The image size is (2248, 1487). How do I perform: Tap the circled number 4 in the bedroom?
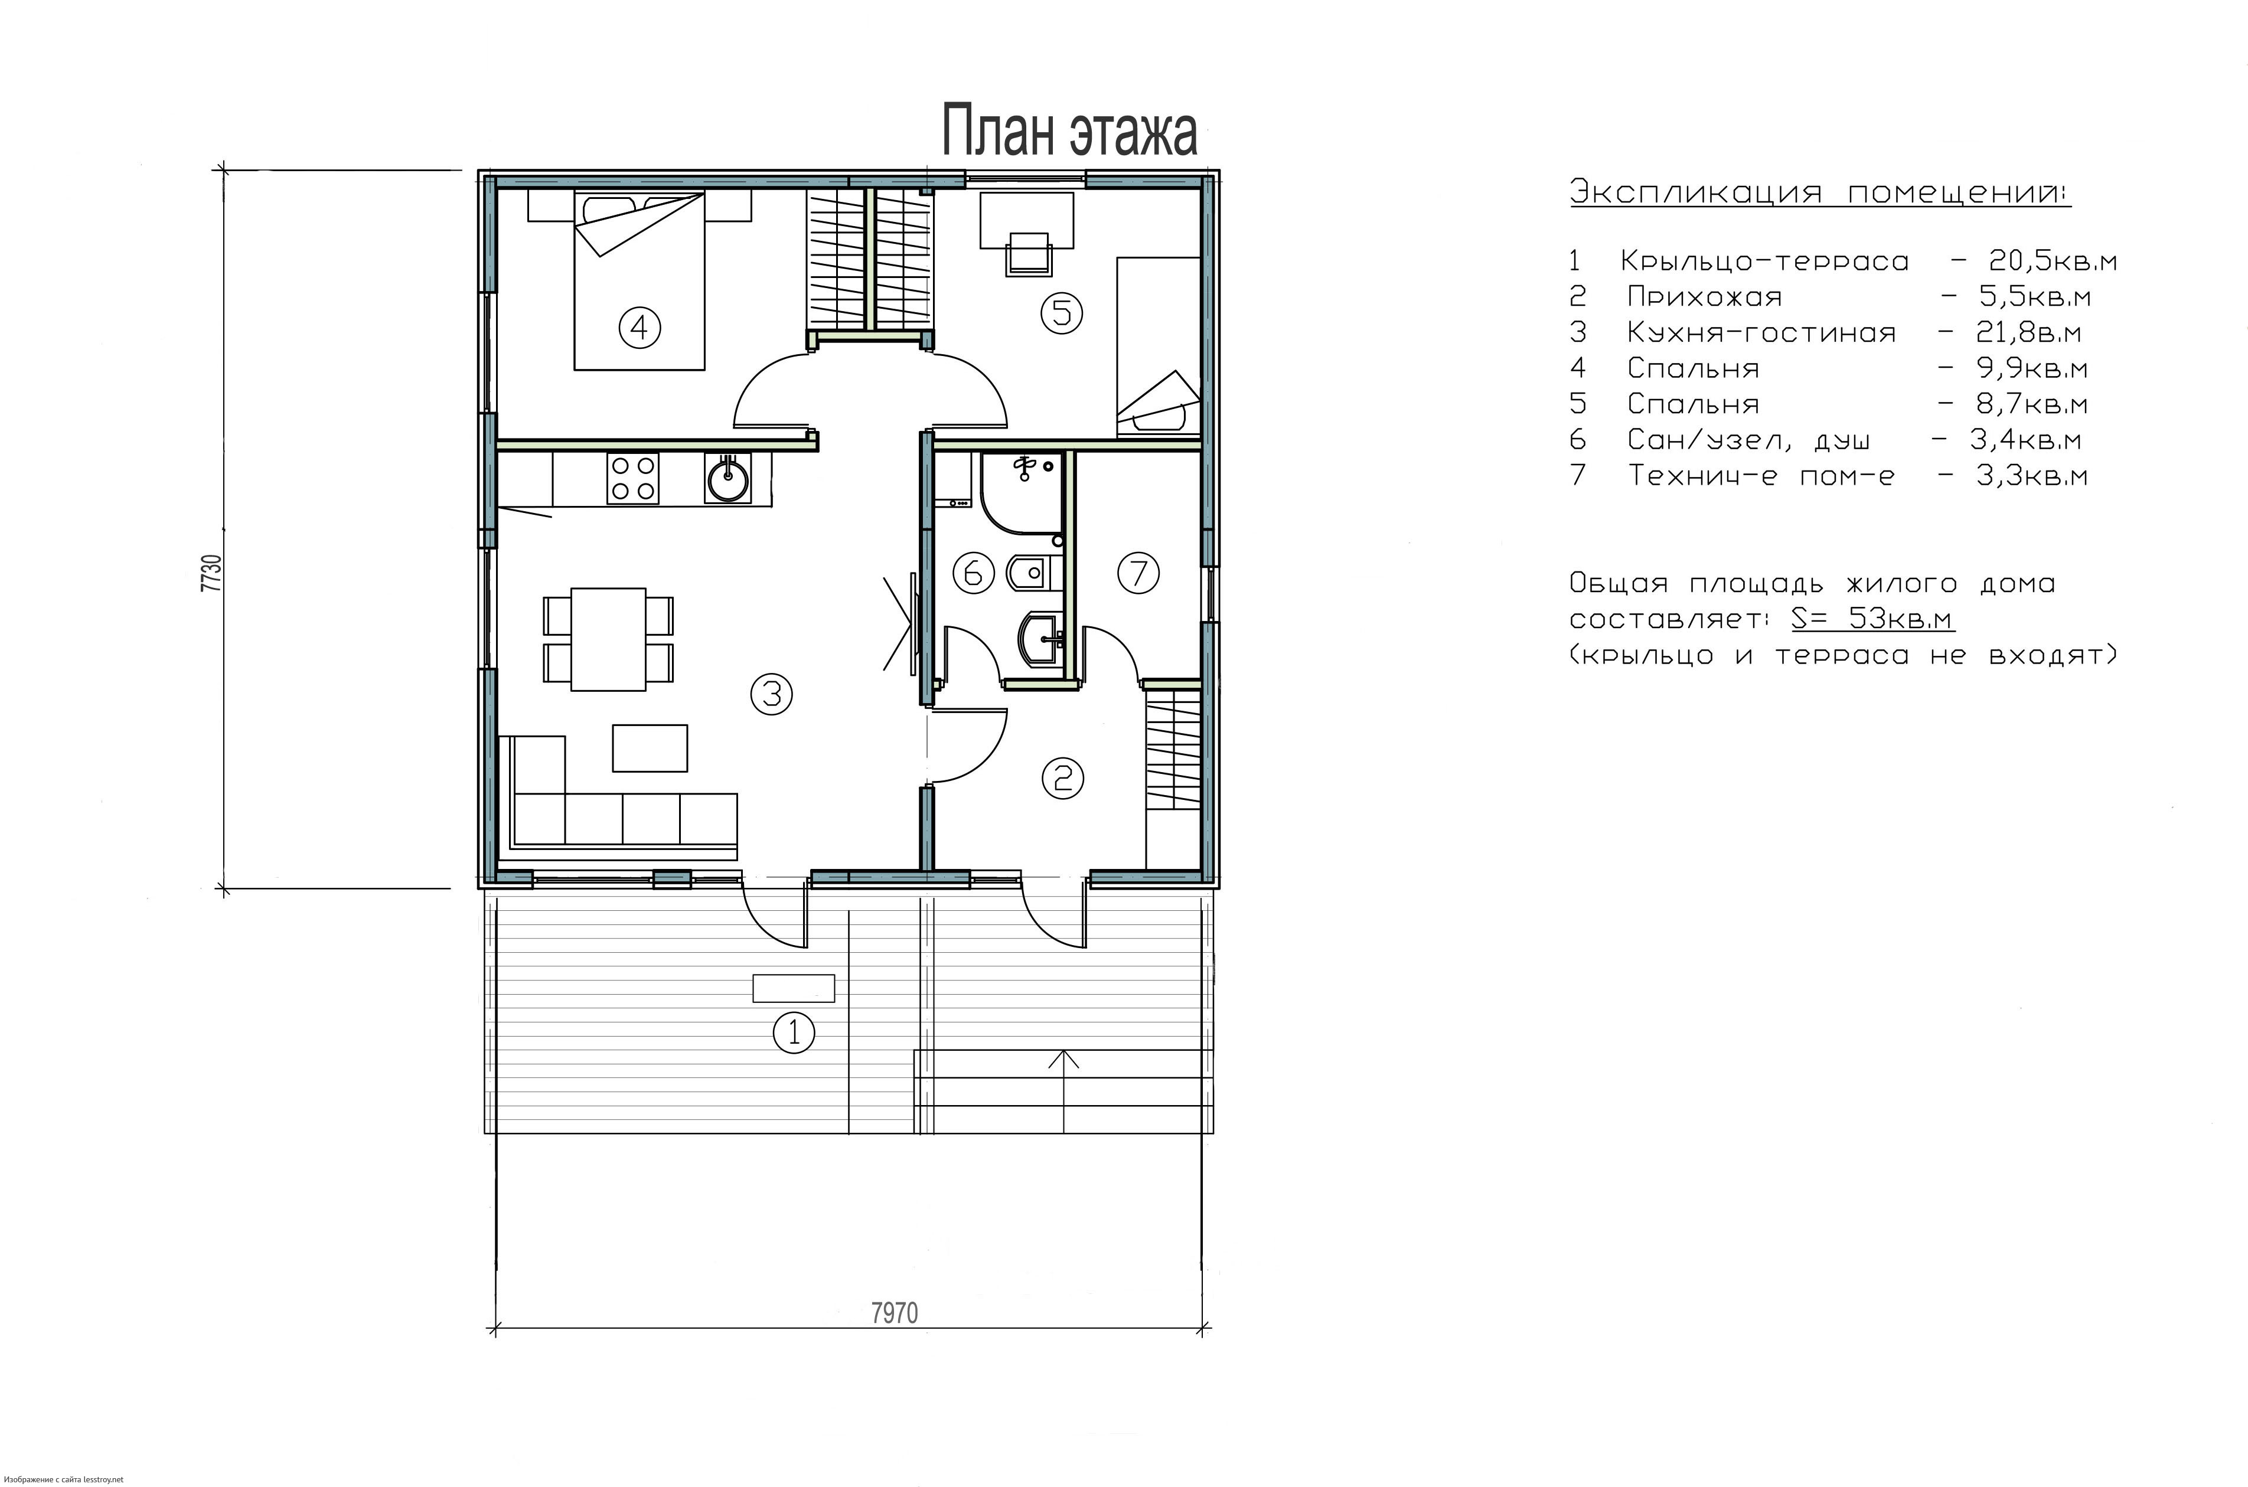pyautogui.click(x=640, y=328)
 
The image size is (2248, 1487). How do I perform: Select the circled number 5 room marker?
pyautogui.click(x=1061, y=312)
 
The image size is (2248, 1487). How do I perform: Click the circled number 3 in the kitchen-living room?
pyautogui.click(x=771, y=694)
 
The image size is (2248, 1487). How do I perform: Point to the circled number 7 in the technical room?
pyautogui.click(x=1138, y=573)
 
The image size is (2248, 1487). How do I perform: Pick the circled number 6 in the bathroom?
pyautogui.click(x=972, y=573)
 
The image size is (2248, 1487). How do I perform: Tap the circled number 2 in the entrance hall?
pyautogui.click(x=1062, y=777)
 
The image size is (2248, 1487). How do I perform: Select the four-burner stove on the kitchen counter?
pyautogui.click(x=632, y=478)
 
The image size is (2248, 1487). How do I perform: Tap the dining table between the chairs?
pyautogui.click(x=608, y=639)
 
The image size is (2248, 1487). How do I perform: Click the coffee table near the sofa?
pyautogui.click(x=650, y=749)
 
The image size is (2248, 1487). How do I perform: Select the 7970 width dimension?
pyautogui.click(x=893, y=1312)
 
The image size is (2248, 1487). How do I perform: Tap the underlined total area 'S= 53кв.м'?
pyautogui.click(x=1872, y=618)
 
